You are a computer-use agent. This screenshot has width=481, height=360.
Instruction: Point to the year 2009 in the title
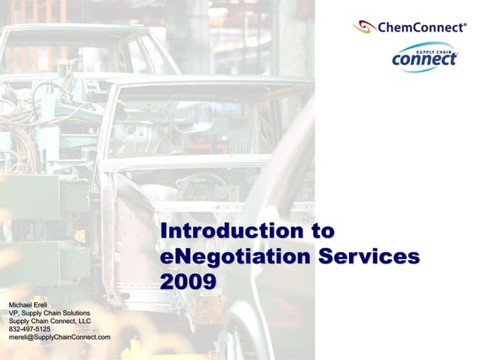(x=188, y=281)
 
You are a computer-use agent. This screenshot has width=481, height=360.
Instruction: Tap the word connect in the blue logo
(x=424, y=58)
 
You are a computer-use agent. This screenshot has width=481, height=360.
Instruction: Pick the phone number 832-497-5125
(x=29, y=329)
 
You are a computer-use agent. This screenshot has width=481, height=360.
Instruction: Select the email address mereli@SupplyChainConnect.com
(x=60, y=337)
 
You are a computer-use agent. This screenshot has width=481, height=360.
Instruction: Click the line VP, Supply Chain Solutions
(x=49, y=313)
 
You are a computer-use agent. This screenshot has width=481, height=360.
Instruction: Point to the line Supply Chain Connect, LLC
(x=49, y=321)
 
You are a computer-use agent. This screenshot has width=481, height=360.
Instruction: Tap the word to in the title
(x=318, y=231)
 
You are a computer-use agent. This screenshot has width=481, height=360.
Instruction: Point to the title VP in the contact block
(x=14, y=313)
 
